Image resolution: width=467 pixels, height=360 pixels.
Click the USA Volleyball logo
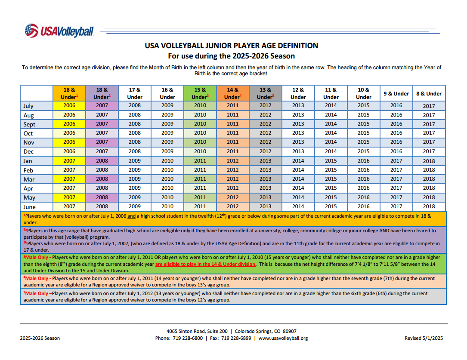coord(59,31)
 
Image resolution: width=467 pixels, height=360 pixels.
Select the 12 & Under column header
coord(298,93)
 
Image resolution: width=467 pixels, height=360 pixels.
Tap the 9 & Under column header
coord(396,93)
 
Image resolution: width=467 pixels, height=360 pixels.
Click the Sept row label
coord(29,124)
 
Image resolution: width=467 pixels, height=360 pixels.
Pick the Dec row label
coord(28,151)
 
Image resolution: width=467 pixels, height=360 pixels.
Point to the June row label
coord(29,206)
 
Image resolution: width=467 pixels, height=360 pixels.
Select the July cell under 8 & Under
coord(429,106)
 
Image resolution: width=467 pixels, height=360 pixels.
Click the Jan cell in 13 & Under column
coord(265,161)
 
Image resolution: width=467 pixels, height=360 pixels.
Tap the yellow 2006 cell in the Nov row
coord(69,142)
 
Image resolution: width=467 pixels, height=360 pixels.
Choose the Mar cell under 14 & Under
coord(232,179)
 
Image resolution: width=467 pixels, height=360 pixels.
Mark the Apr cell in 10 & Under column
coord(363,188)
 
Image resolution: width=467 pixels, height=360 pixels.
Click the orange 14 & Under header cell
coord(232,93)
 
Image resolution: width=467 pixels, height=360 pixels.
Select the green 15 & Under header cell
coord(200,93)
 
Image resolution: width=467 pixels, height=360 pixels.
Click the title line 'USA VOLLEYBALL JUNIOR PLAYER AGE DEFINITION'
coord(232,46)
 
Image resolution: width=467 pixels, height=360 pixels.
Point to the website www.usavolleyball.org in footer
coord(283,338)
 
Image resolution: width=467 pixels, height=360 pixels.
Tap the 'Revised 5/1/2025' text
coord(424,338)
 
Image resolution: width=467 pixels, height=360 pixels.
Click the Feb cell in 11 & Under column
coord(331,170)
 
